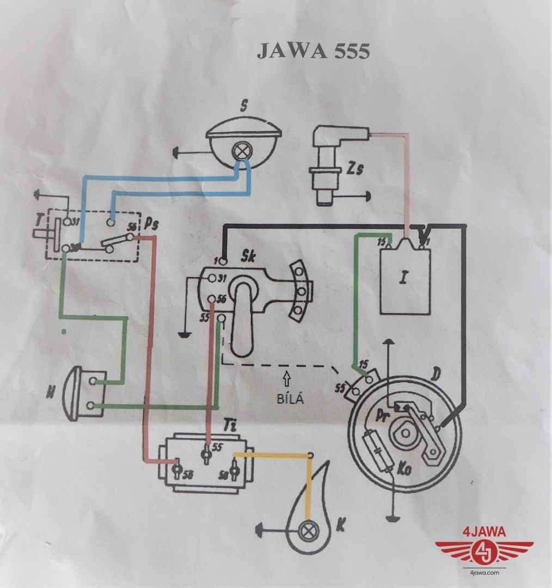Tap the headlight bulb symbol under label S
point(240,151)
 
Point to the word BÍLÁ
point(288,398)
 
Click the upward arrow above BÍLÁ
point(287,376)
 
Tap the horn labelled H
point(82,392)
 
